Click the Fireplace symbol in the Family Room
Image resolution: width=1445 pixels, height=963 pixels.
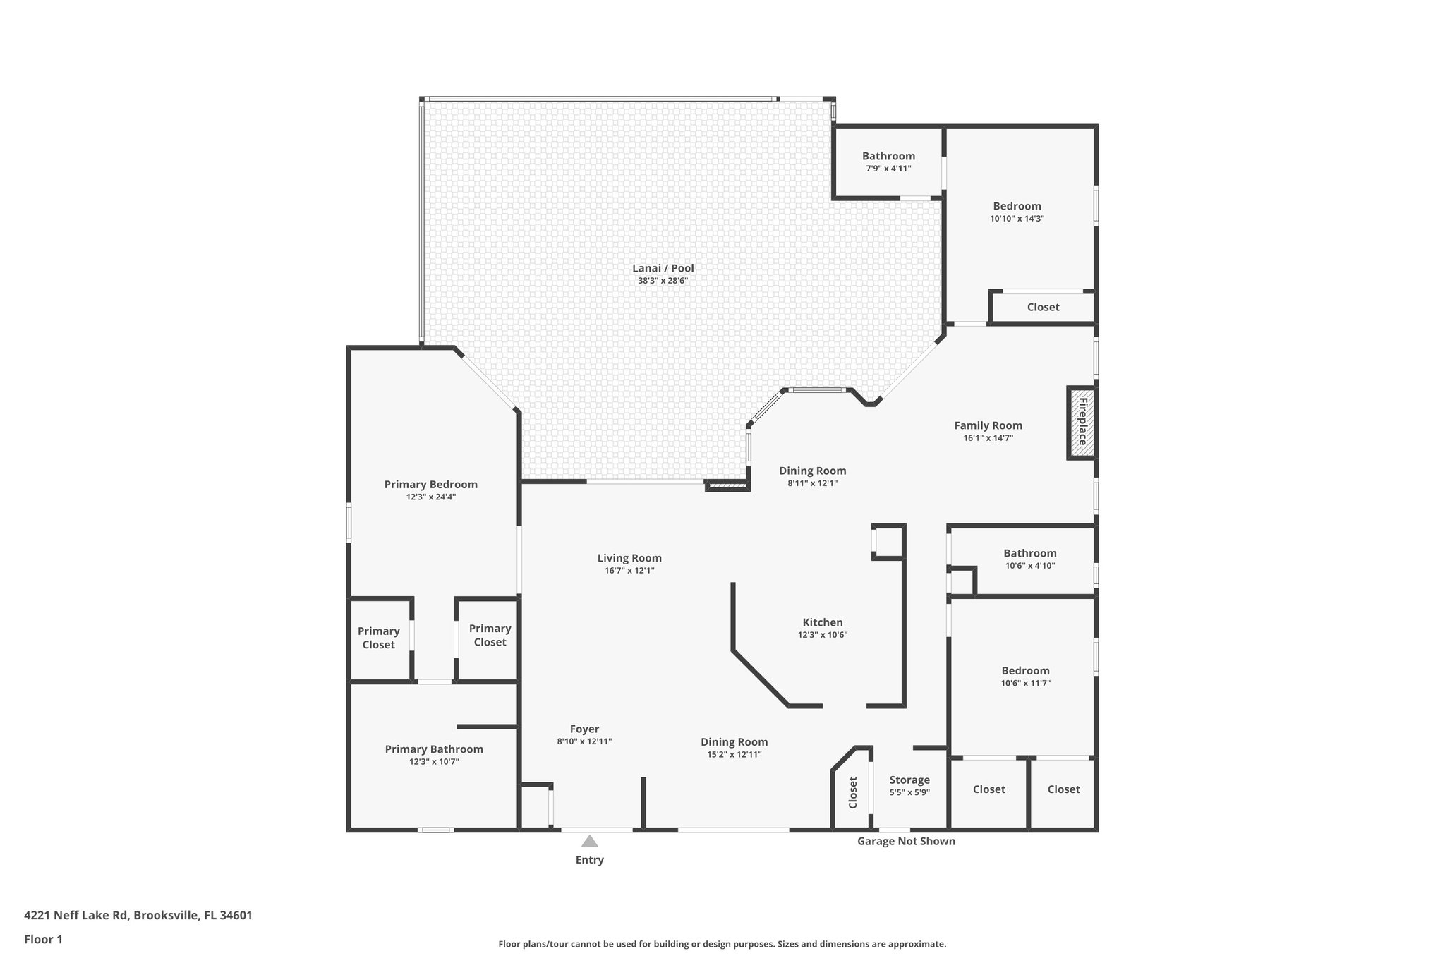[x=1081, y=423]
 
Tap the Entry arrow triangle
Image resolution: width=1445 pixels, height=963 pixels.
[x=590, y=841]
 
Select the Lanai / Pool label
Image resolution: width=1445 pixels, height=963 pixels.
[x=663, y=268]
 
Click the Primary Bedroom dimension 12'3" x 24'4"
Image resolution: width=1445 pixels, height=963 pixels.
[x=430, y=497]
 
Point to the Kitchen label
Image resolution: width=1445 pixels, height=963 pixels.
[x=822, y=622]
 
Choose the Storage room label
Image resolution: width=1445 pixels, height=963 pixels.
[x=909, y=780]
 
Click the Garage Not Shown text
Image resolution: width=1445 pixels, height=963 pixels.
[x=906, y=841]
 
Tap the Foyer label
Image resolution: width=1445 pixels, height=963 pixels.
[x=584, y=729]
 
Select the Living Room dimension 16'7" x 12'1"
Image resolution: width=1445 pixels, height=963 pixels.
[x=629, y=570]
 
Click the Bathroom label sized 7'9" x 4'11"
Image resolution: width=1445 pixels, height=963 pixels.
[x=888, y=156]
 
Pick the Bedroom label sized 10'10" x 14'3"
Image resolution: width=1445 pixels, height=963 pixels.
[x=1017, y=206]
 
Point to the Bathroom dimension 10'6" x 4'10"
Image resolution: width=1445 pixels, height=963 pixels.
[x=1030, y=565]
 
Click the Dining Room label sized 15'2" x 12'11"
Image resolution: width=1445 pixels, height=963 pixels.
[x=734, y=741]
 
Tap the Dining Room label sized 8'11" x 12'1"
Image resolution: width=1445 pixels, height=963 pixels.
[x=812, y=471]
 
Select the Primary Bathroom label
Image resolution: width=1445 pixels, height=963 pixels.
[x=434, y=749]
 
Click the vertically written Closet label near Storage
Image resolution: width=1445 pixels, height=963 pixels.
[x=852, y=792]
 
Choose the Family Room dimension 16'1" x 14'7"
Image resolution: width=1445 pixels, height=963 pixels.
[x=988, y=437]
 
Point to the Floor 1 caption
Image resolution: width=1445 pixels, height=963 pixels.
[x=44, y=939]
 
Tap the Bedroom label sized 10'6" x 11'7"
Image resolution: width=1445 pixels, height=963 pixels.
[x=1025, y=670]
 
